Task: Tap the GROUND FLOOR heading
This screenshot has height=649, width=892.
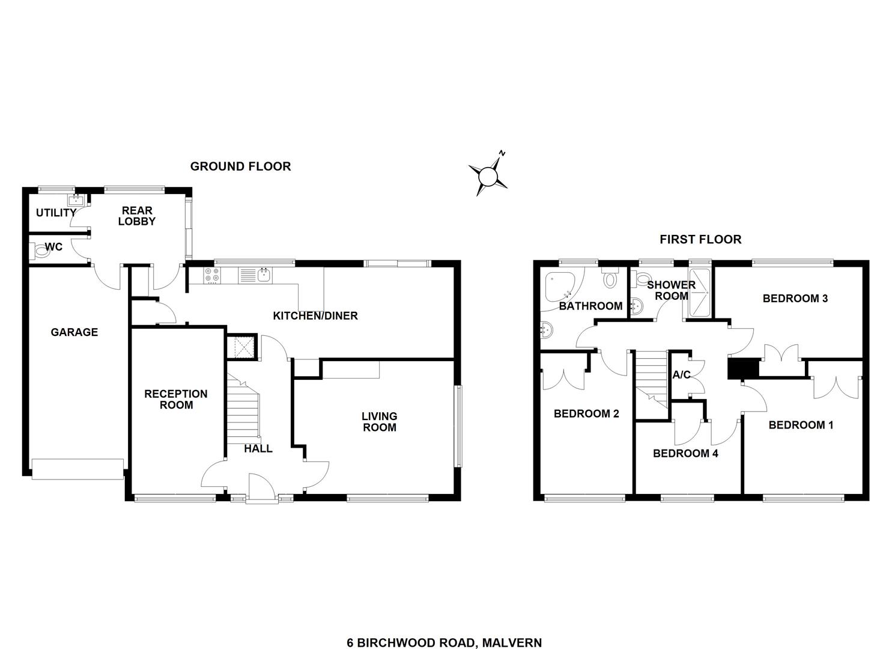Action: point(240,166)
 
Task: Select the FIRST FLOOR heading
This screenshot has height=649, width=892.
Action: point(700,239)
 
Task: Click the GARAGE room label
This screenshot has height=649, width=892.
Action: point(74,332)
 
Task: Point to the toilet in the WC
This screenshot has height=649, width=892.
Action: point(40,252)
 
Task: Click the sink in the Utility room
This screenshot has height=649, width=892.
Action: point(75,200)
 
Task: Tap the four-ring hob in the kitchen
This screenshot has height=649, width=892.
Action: point(212,275)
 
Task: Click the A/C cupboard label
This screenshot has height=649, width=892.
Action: point(682,375)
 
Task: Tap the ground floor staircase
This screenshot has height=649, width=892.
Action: point(243,410)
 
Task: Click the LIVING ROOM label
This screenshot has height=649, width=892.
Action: point(380,422)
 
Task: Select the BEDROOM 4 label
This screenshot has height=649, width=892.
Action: point(686,453)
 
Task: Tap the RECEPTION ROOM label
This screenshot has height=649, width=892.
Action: point(176,400)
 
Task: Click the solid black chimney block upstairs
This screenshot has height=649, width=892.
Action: point(743,369)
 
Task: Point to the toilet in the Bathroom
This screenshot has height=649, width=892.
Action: point(609,277)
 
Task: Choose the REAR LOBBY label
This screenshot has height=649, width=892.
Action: point(137,216)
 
